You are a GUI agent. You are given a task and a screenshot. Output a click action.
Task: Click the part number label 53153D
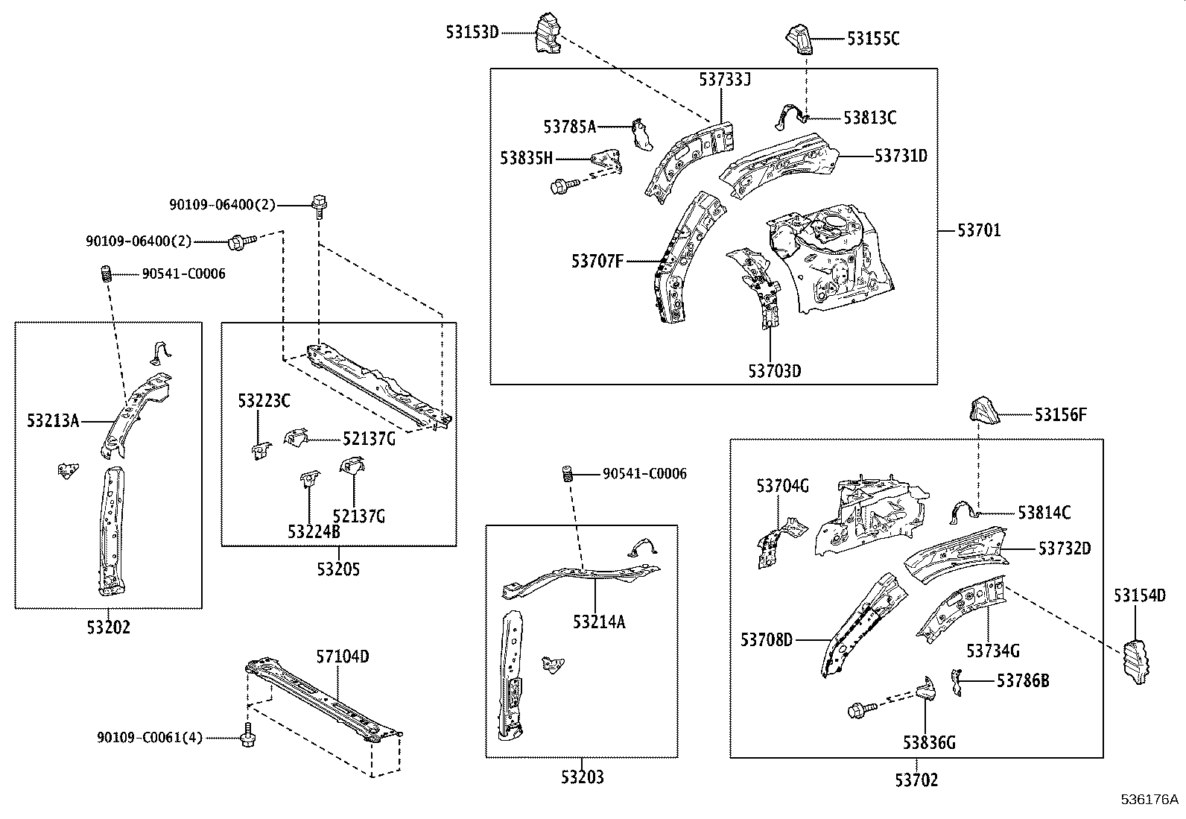[472, 32]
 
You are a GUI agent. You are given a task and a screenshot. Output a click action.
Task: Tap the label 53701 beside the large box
[979, 230]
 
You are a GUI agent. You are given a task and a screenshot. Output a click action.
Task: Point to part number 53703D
[774, 370]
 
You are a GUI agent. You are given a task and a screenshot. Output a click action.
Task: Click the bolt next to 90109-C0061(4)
[246, 737]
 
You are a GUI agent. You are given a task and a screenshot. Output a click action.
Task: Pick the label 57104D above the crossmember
[343, 657]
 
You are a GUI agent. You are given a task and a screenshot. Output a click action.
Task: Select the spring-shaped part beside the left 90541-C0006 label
[106, 274]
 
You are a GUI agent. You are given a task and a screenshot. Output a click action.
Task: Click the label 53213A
[53, 421]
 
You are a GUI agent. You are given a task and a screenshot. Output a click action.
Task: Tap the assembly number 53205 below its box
[338, 570]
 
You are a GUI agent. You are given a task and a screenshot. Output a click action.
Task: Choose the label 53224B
[314, 531]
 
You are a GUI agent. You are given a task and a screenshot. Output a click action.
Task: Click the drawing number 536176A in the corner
[1149, 800]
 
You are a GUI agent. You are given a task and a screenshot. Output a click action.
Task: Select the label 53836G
[929, 742]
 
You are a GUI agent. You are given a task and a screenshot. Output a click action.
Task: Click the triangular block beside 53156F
[983, 413]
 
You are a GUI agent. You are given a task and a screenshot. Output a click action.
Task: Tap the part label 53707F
[597, 261]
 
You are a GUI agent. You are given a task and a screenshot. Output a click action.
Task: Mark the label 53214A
[599, 622]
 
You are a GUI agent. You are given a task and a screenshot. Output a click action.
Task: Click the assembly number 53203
[582, 778]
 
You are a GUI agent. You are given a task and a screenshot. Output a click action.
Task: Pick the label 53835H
[527, 158]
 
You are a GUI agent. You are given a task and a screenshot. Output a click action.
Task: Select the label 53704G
[782, 487]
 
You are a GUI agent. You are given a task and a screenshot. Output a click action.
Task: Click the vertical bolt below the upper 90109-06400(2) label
[320, 204]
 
